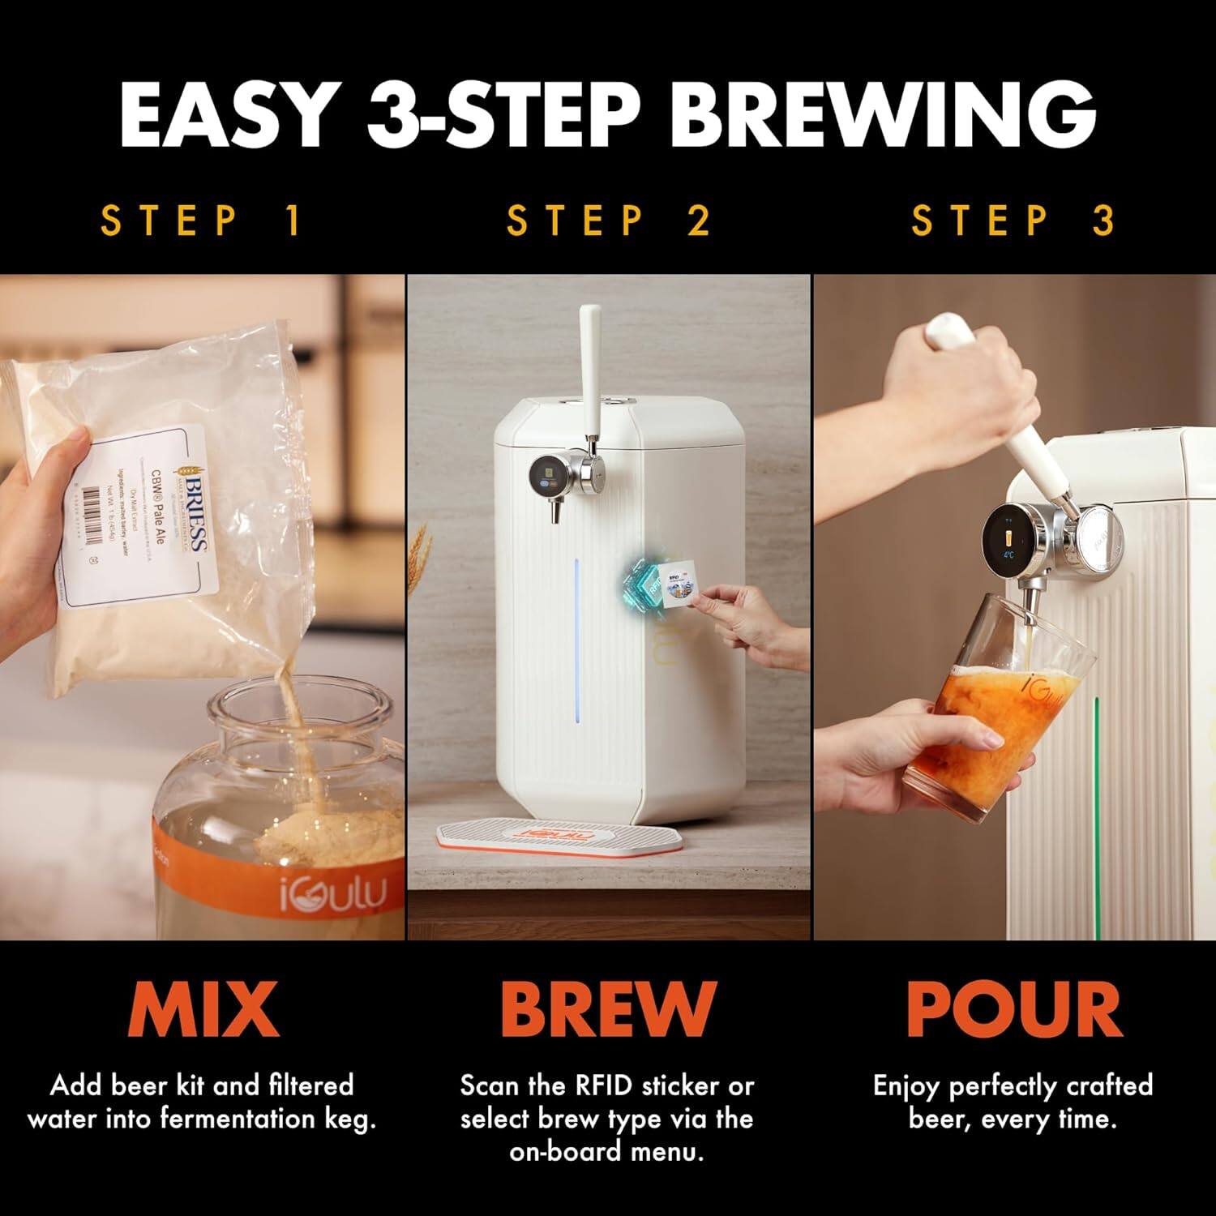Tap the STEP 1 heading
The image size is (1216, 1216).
(203, 221)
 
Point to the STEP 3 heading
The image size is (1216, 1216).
(1013, 221)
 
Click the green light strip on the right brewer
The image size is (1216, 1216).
(1096, 778)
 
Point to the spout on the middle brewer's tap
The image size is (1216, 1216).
(558, 512)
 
